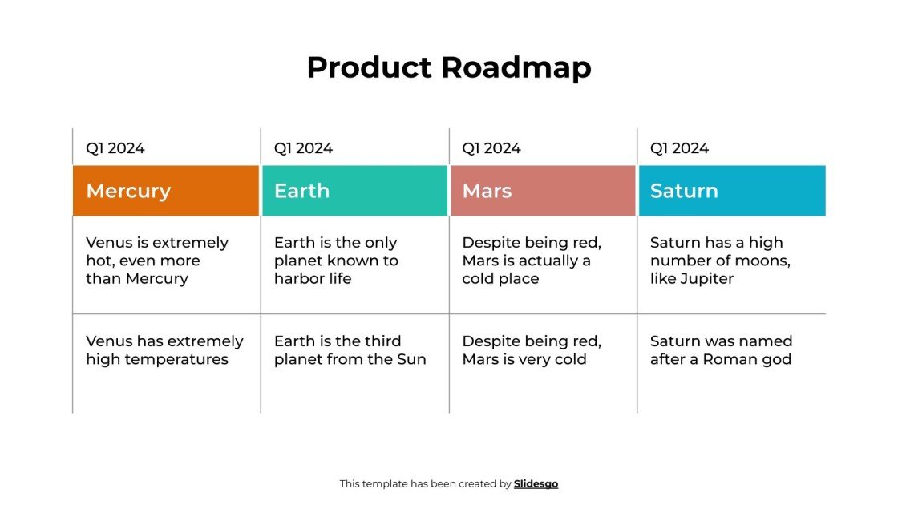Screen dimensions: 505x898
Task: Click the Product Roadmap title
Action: (x=448, y=67)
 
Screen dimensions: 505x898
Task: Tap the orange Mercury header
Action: (x=166, y=191)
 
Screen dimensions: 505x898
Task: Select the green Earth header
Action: (x=354, y=191)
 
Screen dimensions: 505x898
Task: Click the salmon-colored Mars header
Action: (x=543, y=191)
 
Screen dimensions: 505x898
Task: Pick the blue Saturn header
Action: (x=731, y=191)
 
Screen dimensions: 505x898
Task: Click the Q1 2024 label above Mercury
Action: (x=115, y=148)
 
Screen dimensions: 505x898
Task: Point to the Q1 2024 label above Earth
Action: (x=303, y=148)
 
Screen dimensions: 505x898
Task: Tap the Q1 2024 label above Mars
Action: (x=491, y=148)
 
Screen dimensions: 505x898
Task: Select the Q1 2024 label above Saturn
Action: (x=679, y=148)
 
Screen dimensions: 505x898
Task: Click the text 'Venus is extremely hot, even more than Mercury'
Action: (x=157, y=261)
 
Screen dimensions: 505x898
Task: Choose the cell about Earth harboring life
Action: (x=336, y=261)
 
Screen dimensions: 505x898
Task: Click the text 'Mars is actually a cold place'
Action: (x=527, y=261)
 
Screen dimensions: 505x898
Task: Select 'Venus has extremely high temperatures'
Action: (x=164, y=350)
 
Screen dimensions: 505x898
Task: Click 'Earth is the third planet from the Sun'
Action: (x=350, y=350)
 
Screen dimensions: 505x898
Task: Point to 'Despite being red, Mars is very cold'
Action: (x=532, y=350)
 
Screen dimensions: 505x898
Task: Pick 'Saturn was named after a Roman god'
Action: (x=721, y=350)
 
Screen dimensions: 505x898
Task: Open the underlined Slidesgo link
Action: (x=536, y=483)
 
